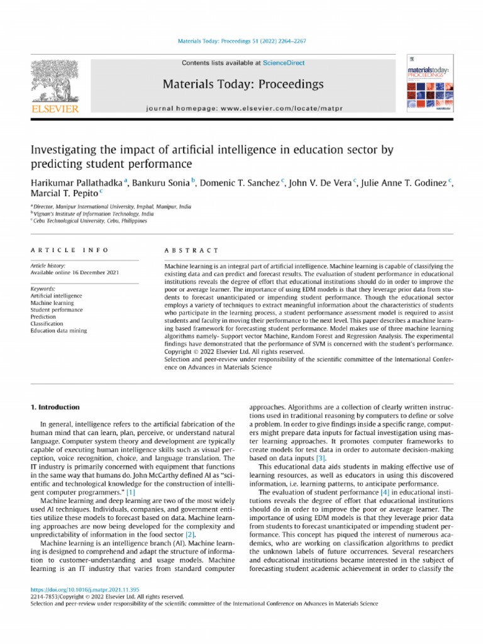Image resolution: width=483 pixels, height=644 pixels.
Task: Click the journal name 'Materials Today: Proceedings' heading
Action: pyautogui.click(x=243, y=84)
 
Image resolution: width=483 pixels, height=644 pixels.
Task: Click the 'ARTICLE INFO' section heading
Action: pyautogui.click(x=69, y=250)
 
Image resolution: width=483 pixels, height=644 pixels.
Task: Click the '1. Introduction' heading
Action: pyautogui.click(x=55, y=407)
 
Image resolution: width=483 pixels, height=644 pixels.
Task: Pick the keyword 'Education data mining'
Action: pyautogui.click(x=59, y=330)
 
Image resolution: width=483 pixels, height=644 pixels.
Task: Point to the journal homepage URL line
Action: pyautogui.click(x=243, y=108)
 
